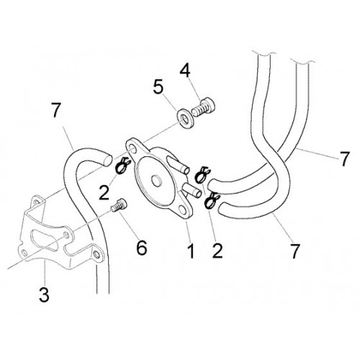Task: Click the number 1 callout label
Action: (x=191, y=251)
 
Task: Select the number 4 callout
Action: (x=185, y=71)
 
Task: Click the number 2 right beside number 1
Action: (x=217, y=251)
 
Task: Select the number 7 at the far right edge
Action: (x=345, y=158)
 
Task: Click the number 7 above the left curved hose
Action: (x=56, y=110)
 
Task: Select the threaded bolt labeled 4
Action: (x=204, y=108)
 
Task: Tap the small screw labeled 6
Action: (x=119, y=206)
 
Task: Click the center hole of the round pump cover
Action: (x=157, y=180)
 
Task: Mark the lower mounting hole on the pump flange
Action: (x=184, y=210)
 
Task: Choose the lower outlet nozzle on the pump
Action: (x=192, y=190)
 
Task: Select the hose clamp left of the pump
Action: (x=122, y=166)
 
